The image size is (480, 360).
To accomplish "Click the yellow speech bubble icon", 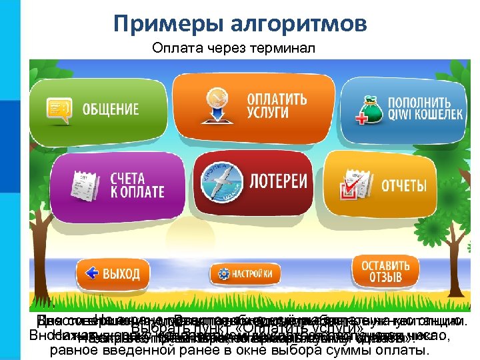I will (x=59, y=109).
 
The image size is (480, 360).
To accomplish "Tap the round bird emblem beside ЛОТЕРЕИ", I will (x=223, y=183).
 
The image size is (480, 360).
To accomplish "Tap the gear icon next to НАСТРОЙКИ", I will (x=222, y=274).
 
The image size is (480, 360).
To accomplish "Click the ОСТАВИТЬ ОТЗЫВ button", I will (x=381, y=271).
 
